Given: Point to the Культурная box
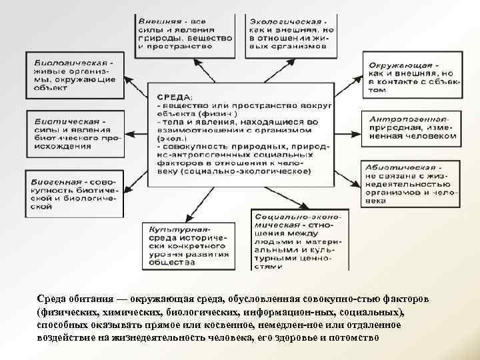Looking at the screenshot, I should [x=188, y=244].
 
